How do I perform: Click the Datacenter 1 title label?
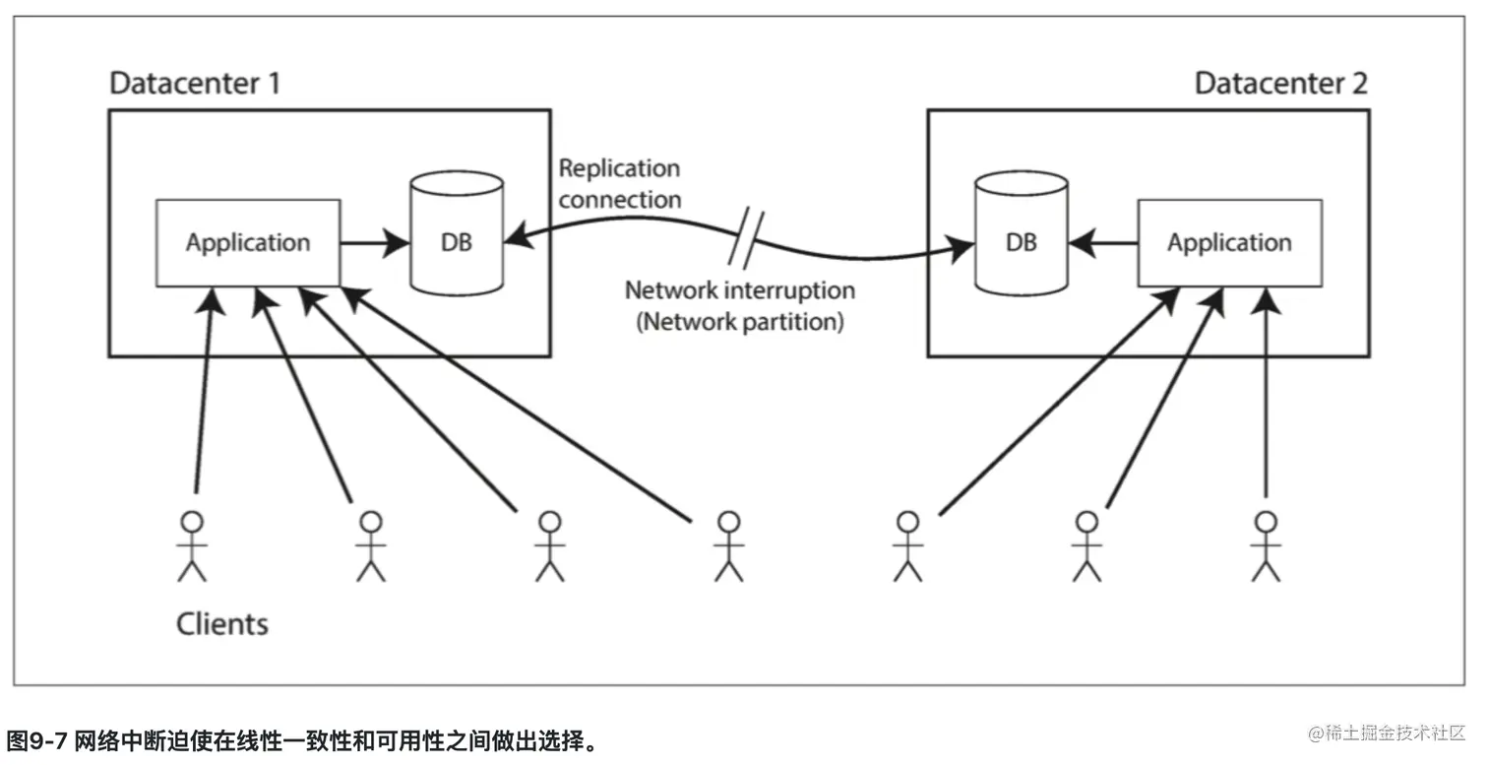point(194,83)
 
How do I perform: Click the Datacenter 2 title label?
point(1280,83)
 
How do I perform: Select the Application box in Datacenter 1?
point(248,242)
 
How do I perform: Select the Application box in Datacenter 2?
point(1229,242)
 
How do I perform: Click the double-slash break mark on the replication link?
point(745,237)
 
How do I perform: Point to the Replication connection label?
point(619,183)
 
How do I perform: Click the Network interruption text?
point(740,290)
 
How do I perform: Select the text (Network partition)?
point(740,322)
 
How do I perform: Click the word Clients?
point(221,623)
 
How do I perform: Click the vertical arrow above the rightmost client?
point(1266,394)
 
